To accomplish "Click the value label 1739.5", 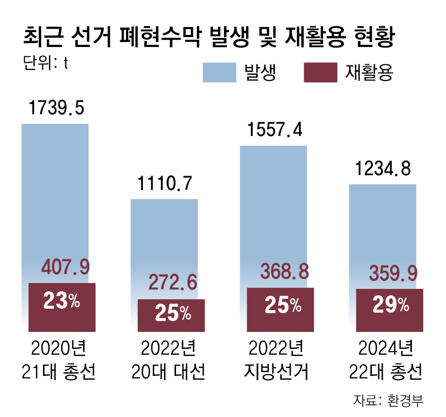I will [56, 107].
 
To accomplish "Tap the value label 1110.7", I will [165, 184].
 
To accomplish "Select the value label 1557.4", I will [274, 130].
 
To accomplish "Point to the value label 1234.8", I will [383, 169].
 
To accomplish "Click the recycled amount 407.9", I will [65, 268].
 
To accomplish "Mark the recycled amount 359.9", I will [394, 273].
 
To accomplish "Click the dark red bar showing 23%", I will [62, 307].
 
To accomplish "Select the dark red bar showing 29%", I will [390, 310].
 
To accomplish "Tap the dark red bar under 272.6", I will [171, 315].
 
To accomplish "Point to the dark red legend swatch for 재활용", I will [319, 73].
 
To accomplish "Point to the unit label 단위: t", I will [45, 63].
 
